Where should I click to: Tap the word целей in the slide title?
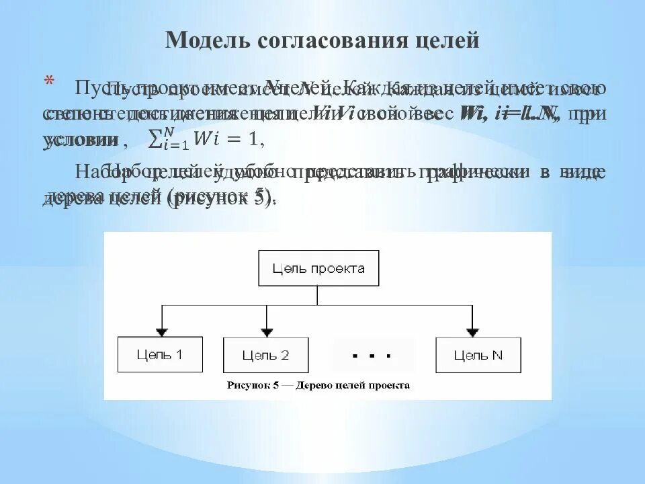(x=444, y=40)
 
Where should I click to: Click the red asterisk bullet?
(x=48, y=83)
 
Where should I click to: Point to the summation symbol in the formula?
(x=154, y=139)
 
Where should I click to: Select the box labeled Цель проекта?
(x=318, y=269)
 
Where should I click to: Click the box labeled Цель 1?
(x=160, y=355)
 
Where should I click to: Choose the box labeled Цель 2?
(x=265, y=355)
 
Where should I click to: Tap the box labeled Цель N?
(x=478, y=355)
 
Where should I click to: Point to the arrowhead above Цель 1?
(x=161, y=331)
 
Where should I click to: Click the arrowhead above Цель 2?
(x=267, y=331)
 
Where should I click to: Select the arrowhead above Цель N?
(x=472, y=331)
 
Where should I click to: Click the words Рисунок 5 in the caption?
(x=253, y=386)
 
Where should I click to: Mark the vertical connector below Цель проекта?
(x=318, y=296)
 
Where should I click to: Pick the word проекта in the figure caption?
(x=389, y=386)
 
